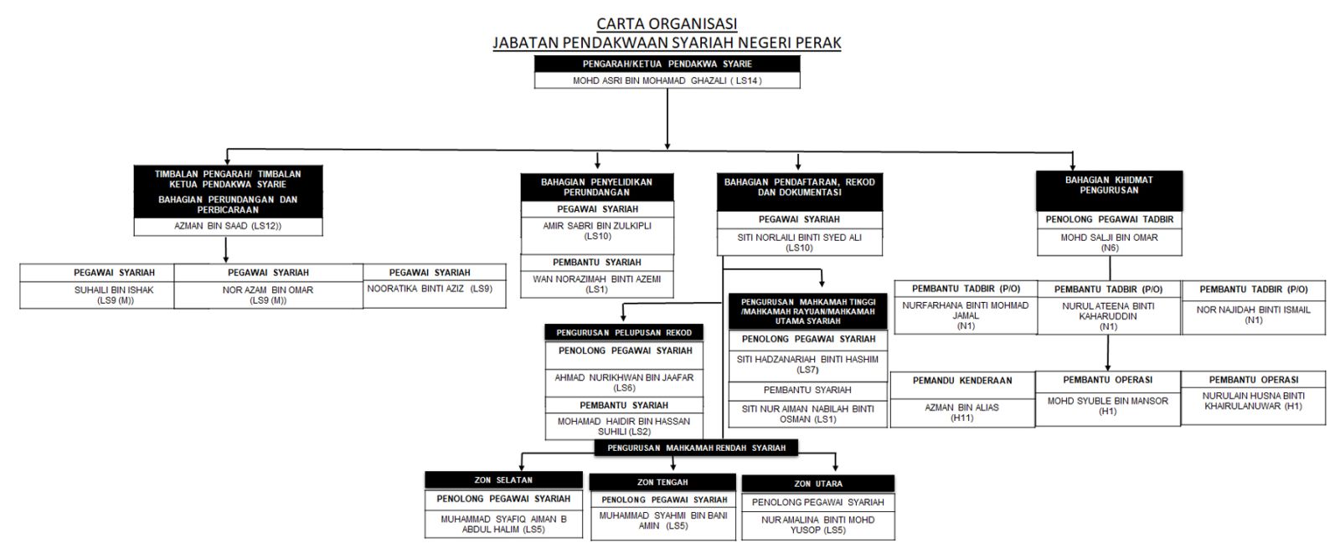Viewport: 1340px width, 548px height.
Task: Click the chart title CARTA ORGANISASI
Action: click(x=667, y=23)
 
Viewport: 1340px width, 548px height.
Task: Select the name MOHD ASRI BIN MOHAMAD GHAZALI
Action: click(x=667, y=80)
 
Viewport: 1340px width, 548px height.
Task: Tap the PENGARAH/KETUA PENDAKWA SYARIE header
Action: click(x=667, y=64)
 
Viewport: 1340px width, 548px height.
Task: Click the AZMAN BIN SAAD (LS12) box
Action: click(x=228, y=226)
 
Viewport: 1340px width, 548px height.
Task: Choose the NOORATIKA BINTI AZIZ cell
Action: click(x=430, y=289)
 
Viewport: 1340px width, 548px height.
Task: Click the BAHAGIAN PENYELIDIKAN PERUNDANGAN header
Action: click(x=596, y=187)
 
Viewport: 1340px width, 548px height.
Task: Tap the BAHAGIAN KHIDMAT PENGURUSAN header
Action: click(x=1109, y=185)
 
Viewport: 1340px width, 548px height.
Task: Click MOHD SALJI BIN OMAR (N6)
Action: click(x=1109, y=242)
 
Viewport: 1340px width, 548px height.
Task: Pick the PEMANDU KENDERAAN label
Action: click(x=962, y=380)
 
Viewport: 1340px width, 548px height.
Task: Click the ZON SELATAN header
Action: click(x=502, y=480)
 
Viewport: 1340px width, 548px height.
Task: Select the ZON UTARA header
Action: click(x=817, y=484)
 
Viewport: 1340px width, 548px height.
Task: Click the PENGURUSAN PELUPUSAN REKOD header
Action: click(x=624, y=332)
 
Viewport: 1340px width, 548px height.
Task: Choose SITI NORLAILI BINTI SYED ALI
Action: click(x=799, y=242)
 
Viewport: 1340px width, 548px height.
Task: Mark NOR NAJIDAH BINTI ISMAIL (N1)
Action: click(x=1253, y=315)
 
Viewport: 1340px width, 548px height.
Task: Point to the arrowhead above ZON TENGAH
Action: click(x=662, y=468)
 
